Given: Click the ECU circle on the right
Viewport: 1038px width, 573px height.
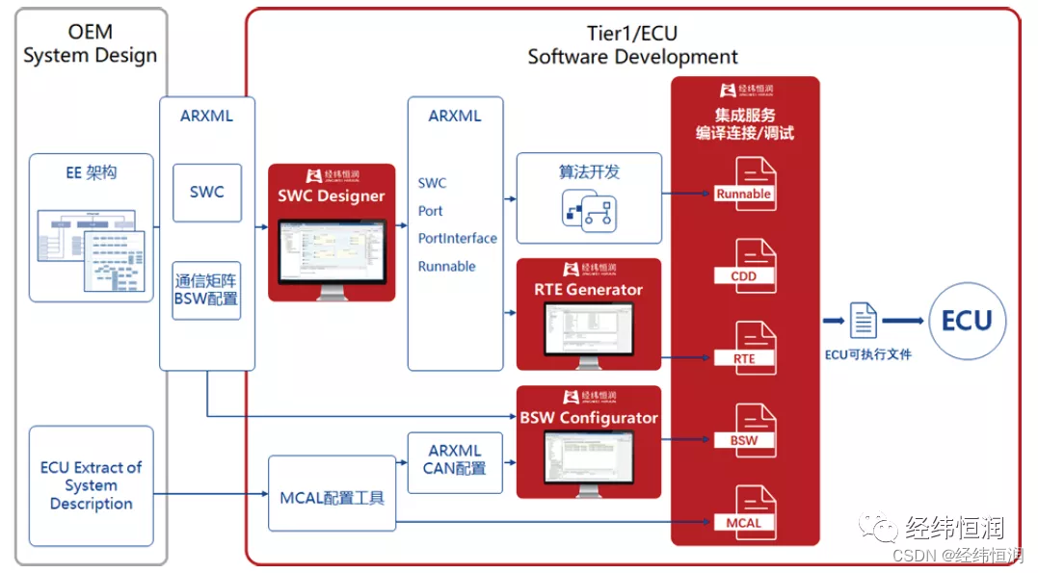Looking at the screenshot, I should point(966,322).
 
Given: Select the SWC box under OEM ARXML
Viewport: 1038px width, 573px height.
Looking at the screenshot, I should point(206,193).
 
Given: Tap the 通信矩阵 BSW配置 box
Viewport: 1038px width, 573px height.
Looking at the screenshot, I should point(206,290).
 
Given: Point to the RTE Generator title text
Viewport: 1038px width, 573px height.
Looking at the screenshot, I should point(588,289).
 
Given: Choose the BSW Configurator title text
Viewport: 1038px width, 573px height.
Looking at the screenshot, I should point(588,417).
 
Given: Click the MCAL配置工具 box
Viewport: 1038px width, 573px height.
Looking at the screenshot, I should point(332,498).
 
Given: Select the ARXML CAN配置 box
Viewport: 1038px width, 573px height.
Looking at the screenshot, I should point(455,459).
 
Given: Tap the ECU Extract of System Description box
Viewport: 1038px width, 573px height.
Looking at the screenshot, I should point(92,485).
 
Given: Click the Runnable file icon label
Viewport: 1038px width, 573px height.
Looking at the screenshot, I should point(743,194).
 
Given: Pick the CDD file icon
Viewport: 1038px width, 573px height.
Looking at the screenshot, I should point(744,266).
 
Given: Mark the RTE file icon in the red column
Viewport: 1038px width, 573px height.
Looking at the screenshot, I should point(744,348).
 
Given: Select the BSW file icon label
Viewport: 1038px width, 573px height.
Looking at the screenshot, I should point(743,440).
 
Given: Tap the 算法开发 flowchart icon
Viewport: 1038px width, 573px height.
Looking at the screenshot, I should point(589,211).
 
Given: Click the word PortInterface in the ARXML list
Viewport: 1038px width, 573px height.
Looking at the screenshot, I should point(457,238).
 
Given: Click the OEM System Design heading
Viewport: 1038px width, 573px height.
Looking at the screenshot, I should point(90,44).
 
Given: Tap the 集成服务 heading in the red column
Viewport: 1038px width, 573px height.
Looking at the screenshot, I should point(744,115).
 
